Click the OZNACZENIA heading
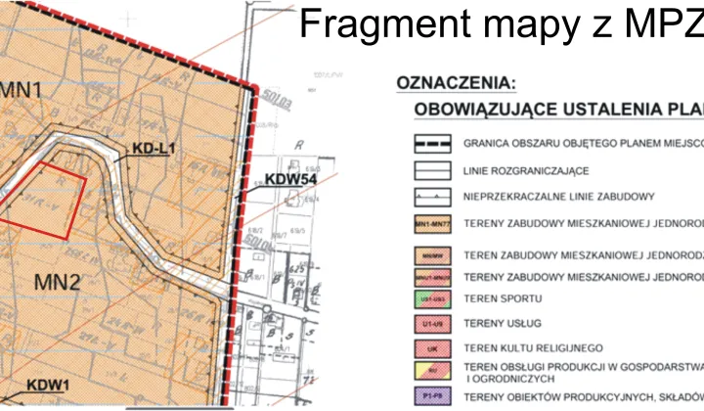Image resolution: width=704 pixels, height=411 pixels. (x=457, y=84)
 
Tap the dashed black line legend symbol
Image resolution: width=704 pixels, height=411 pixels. (x=431, y=143)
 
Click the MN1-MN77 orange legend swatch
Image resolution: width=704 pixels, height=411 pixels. (x=431, y=225)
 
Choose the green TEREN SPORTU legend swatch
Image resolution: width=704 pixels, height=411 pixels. (x=431, y=297)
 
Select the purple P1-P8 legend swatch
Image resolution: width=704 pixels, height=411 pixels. (x=431, y=397)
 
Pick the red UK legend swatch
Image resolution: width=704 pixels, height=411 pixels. (x=431, y=347)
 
